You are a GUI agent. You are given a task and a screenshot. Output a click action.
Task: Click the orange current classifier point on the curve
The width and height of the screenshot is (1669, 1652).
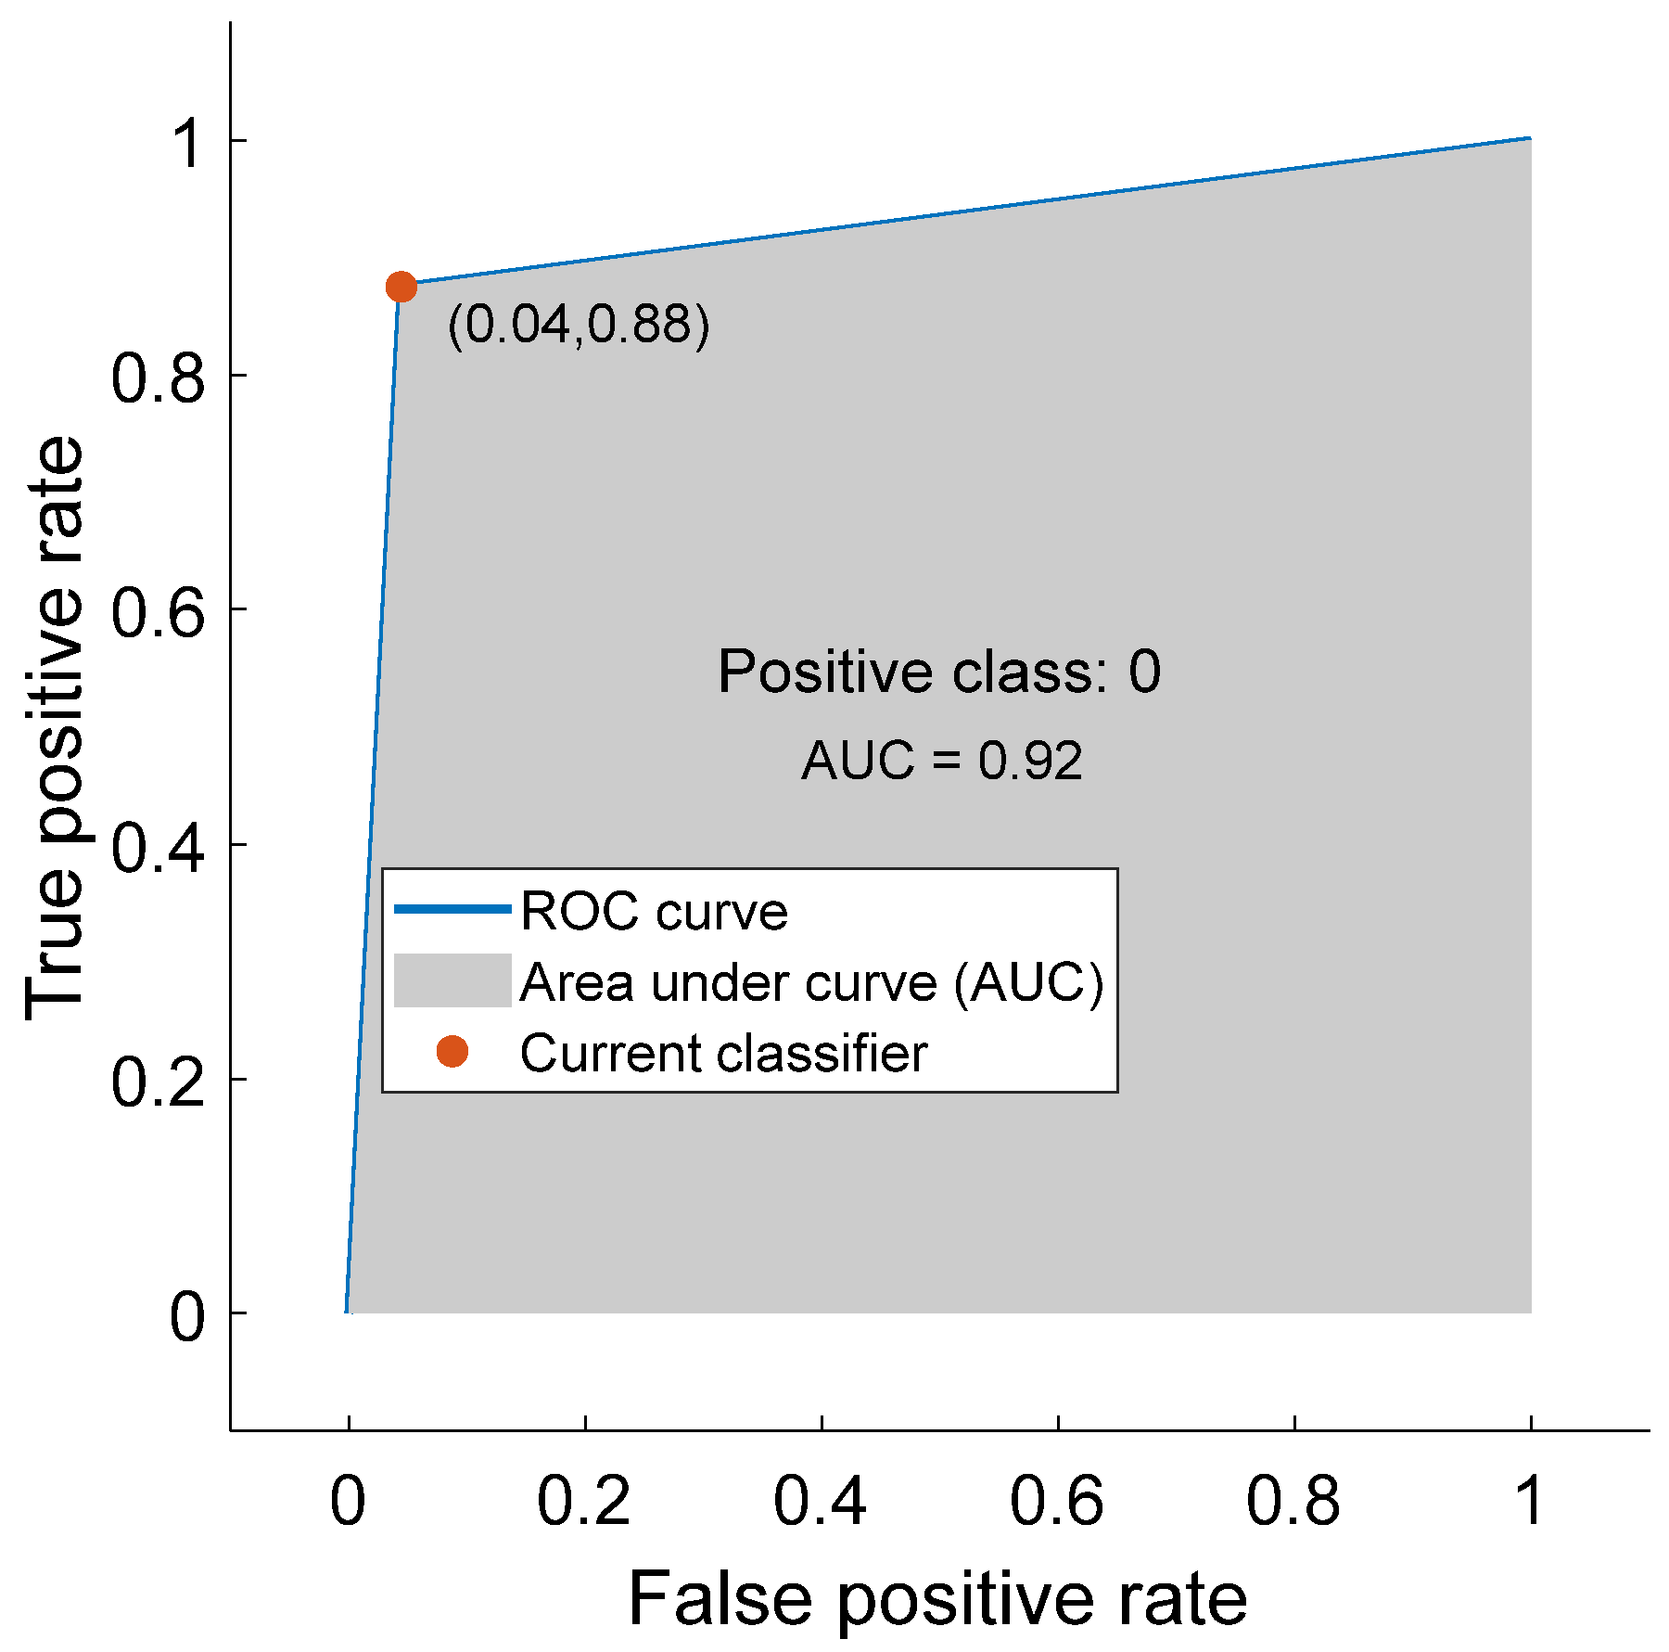click(401, 288)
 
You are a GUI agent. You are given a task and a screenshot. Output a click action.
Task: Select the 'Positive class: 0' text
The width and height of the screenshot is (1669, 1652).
click(938, 671)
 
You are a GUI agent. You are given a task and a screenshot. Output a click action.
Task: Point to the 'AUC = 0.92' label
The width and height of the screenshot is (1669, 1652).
click(941, 761)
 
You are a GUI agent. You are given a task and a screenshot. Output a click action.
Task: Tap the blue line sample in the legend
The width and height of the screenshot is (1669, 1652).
click(452, 909)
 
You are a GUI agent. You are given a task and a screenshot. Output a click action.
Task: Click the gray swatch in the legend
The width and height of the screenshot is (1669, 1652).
click(452, 980)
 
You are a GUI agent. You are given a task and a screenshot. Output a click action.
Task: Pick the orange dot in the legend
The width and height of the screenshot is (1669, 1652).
click(452, 1051)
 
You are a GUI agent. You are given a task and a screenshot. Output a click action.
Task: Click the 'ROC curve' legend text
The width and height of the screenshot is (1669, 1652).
click(654, 911)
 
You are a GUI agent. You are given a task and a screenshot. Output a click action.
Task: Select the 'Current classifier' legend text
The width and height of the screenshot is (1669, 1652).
click(723, 1053)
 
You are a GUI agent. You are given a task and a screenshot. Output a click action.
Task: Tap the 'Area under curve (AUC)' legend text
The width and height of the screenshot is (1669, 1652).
click(811, 982)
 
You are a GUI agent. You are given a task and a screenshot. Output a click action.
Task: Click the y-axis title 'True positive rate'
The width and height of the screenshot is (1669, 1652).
click(54, 728)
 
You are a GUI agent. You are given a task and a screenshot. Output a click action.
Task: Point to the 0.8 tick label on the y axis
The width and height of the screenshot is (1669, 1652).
click(157, 378)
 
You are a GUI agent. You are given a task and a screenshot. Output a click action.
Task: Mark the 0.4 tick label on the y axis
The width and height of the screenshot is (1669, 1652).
click(157, 847)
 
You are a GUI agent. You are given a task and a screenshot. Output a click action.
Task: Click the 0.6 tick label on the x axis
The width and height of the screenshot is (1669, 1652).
click(1056, 1500)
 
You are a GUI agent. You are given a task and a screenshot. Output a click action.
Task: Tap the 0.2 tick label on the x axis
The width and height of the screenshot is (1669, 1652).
click(583, 1500)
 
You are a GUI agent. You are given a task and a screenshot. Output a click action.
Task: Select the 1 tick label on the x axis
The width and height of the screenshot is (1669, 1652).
click(1530, 1500)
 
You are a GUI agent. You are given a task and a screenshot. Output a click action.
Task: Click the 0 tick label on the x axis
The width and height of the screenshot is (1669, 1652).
click(348, 1500)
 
